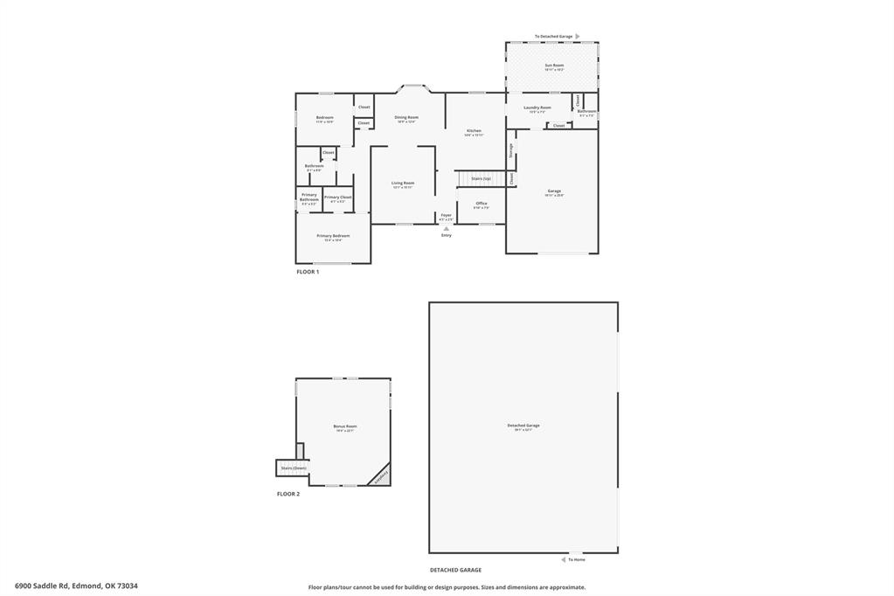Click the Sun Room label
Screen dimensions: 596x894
pos(554,66)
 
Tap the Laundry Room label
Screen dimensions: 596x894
pos(537,107)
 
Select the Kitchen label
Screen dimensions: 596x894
pos(474,131)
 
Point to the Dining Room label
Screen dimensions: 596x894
pos(406,117)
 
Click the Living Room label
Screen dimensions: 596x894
pos(403,183)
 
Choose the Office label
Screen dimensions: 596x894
pos(482,204)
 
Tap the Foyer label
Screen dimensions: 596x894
pos(446,214)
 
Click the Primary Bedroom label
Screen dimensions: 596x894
pos(333,236)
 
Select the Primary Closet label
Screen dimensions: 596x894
pos(337,198)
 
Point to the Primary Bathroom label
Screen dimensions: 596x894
pos(309,197)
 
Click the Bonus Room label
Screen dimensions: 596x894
pos(345,426)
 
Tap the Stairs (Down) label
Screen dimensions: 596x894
pos(293,468)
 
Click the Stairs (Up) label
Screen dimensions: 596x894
pos(481,178)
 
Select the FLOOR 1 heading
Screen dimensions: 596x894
pos(308,272)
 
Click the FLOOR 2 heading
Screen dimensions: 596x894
pos(288,494)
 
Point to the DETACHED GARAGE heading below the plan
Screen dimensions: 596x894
pos(455,570)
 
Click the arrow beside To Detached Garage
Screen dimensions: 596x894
pos(578,36)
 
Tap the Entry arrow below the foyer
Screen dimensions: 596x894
pos(447,229)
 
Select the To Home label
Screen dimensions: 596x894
pos(577,559)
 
